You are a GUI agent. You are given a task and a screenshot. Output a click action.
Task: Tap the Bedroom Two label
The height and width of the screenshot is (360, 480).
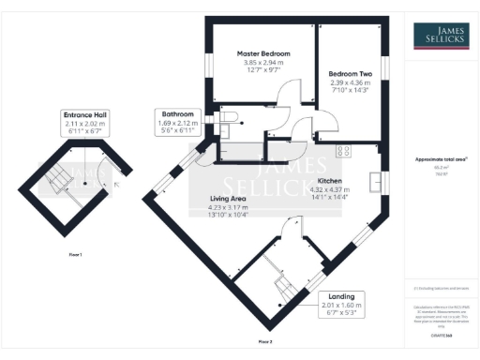point(351,73)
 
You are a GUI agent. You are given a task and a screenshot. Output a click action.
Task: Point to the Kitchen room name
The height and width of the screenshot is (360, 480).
point(328,179)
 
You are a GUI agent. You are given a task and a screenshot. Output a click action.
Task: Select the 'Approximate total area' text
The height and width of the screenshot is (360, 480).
point(441,159)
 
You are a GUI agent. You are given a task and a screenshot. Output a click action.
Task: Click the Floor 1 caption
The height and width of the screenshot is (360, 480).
point(75,255)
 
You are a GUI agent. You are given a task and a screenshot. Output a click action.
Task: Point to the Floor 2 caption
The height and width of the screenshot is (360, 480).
point(265,341)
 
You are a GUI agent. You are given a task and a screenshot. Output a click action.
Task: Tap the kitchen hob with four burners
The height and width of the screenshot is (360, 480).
point(343,149)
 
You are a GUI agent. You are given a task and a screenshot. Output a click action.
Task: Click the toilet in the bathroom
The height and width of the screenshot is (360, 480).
point(232,116)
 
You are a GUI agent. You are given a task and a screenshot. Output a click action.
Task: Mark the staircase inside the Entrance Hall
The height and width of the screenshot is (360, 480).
point(59,179)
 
